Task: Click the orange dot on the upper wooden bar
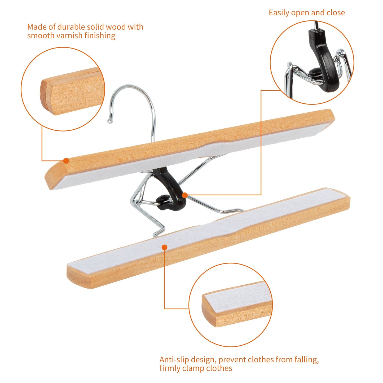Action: tap(66, 161)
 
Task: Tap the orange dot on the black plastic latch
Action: tap(185, 195)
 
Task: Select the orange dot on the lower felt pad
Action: tap(164, 247)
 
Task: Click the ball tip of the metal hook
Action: tap(109, 121)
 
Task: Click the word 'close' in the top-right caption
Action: tap(336, 13)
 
